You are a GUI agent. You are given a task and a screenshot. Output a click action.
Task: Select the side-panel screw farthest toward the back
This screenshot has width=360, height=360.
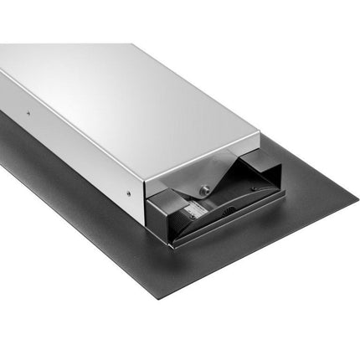[x=27, y=112]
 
